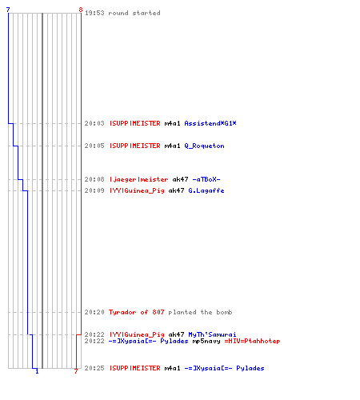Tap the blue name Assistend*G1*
point(210,123)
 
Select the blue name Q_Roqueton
point(204,146)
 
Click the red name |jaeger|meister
point(138,179)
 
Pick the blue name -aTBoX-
point(206,179)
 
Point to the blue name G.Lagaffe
point(206,190)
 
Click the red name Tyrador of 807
point(136,312)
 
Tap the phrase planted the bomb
point(200,312)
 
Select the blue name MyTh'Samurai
point(212,334)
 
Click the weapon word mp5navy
point(206,341)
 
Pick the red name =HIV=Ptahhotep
point(252,341)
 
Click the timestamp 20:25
point(94,368)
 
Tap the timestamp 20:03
point(94,123)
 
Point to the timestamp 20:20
point(94,312)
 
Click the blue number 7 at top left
point(8,10)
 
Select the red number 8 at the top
point(81,10)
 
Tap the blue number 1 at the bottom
point(37,371)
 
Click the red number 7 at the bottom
point(76,371)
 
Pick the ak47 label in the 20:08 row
point(180,179)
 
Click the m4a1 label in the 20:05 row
point(172,146)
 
